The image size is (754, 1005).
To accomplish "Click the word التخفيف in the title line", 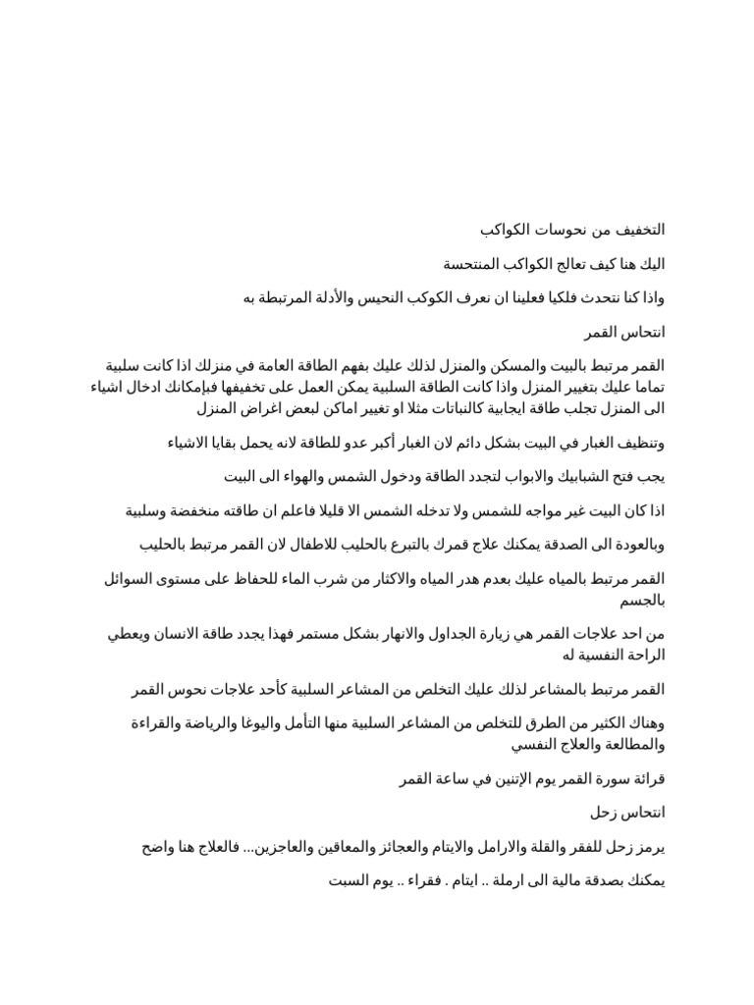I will pyautogui.click(x=638, y=230).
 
